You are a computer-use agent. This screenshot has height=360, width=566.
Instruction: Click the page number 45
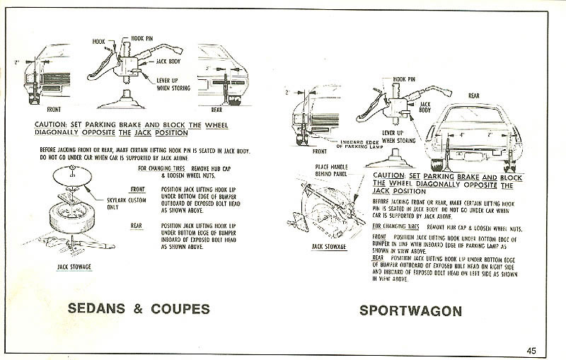[x=531, y=348]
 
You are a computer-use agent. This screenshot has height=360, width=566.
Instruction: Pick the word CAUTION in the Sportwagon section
[x=388, y=174]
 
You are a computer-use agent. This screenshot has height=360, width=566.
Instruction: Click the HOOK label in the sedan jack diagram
[x=97, y=42]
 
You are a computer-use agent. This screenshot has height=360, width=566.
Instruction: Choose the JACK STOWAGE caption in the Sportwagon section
[x=329, y=246]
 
